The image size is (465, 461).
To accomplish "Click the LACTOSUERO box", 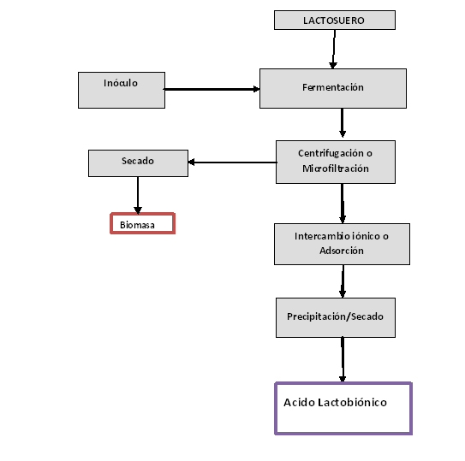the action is click(335, 21).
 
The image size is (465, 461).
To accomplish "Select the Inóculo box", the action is click(122, 90).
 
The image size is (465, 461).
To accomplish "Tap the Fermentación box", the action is click(333, 89).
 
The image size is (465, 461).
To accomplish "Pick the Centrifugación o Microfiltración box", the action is click(336, 162).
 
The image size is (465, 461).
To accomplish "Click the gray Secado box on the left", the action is click(138, 163).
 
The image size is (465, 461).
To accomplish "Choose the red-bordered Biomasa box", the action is click(143, 223).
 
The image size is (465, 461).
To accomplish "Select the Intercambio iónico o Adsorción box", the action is click(342, 244).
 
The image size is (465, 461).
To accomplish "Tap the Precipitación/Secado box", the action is click(336, 317).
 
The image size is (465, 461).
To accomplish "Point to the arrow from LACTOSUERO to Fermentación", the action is click(334, 50).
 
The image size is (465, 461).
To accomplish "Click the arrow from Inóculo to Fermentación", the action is click(212, 89).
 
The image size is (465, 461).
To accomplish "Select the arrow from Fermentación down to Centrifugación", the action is click(343, 123).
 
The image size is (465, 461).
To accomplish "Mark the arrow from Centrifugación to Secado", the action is click(233, 163).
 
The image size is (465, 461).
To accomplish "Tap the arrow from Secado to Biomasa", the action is click(138, 195).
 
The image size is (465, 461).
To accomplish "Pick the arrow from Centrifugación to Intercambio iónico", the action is click(343, 204).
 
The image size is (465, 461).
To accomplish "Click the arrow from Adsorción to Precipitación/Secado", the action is click(343, 281).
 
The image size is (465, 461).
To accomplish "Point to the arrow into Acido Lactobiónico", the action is click(343, 360).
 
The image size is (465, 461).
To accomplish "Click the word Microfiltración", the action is click(336, 168).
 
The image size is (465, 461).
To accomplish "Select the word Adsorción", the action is click(342, 251).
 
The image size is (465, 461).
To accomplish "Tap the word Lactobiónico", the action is click(352, 402).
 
